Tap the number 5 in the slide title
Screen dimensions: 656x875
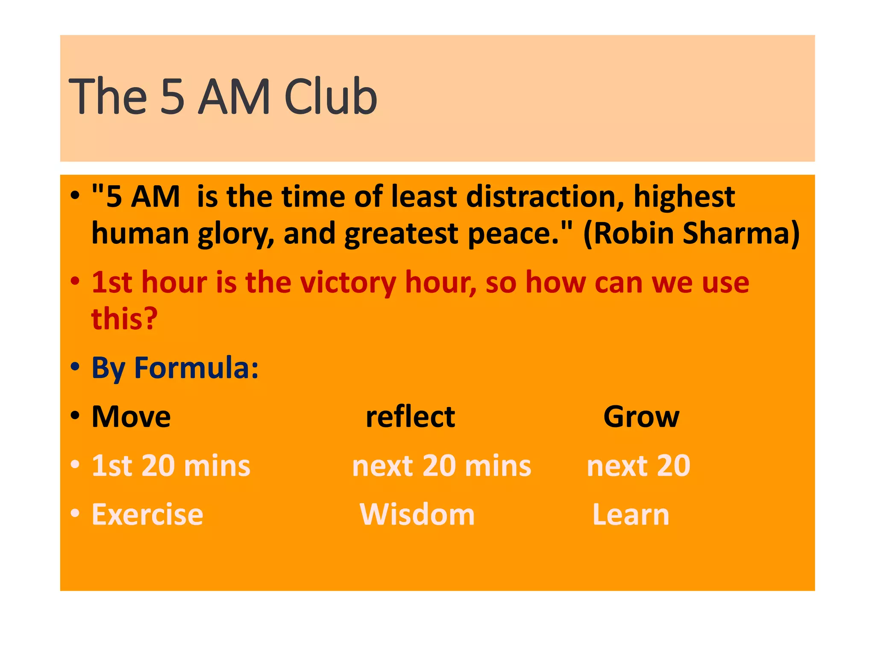pyautogui.click(x=173, y=97)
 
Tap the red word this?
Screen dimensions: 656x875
pyautogui.click(x=124, y=319)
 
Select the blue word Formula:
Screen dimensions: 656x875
pyautogui.click(x=196, y=368)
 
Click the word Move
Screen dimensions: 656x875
pyautogui.click(x=131, y=417)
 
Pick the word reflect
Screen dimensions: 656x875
pyautogui.click(x=410, y=417)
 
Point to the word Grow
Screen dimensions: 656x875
pyautogui.click(x=641, y=417)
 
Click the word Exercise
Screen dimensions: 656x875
pyautogui.click(x=147, y=515)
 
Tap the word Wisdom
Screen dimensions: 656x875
pyautogui.click(x=417, y=515)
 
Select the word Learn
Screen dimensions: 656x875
pyautogui.click(x=631, y=515)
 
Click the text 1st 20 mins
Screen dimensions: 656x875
pyautogui.click(x=171, y=466)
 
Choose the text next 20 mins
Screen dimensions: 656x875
pyautogui.click(x=441, y=466)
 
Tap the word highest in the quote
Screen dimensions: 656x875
pyautogui.click(x=684, y=197)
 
